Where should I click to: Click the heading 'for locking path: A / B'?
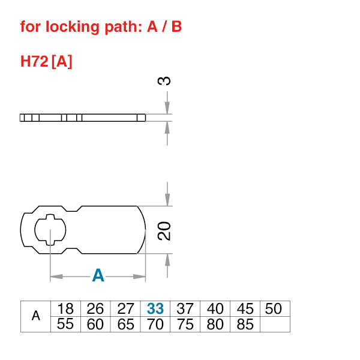click(x=101, y=27)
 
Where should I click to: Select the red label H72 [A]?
click(x=46, y=61)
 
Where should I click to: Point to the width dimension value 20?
click(x=166, y=230)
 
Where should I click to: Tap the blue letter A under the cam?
click(x=98, y=276)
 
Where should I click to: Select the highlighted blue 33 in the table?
click(x=155, y=309)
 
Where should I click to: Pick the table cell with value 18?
click(x=65, y=309)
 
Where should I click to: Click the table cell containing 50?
click(x=274, y=309)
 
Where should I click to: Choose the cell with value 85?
click(x=245, y=325)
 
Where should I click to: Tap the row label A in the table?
click(x=35, y=316)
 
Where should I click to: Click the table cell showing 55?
click(x=65, y=325)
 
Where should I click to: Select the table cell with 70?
click(x=155, y=325)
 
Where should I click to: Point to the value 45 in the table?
click(x=245, y=309)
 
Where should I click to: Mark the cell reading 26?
click(x=95, y=309)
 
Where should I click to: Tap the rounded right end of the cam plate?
click(x=143, y=230)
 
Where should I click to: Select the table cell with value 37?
click(x=185, y=309)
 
